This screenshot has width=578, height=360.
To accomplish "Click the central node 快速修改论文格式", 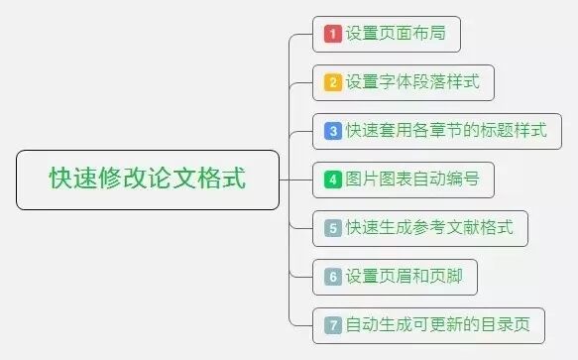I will pyautogui.click(x=148, y=180).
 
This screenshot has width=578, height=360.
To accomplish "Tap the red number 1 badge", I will pyautogui.click(x=333, y=35).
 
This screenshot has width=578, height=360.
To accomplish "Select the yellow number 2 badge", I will pyautogui.click(x=333, y=82).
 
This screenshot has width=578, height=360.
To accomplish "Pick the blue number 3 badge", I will pyautogui.click(x=333, y=131).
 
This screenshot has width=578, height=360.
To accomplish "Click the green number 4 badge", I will pyautogui.click(x=333, y=180).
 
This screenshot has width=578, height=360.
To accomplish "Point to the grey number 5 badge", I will pyautogui.click(x=333, y=228).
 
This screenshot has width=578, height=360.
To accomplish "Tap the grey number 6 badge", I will pyautogui.click(x=333, y=277).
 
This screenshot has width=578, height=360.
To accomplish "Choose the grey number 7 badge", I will pyautogui.click(x=333, y=324).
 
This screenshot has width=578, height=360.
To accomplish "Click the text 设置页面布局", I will pyautogui.click(x=396, y=35).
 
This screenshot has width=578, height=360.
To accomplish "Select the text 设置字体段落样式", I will pyautogui.click(x=412, y=82).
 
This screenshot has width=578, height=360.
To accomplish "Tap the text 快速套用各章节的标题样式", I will pyautogui.click(x=446, y=131).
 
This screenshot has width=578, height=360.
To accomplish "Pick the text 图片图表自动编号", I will pyautogui.click(x=412, y=180).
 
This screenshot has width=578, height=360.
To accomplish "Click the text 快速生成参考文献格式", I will pyautogui.click(x=429, y=228).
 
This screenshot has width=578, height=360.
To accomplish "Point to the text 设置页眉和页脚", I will pyautogui.click(x=405, y=277).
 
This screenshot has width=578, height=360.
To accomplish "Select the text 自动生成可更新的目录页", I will pyautogui.click(x=437, y=324).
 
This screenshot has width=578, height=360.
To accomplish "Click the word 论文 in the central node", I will pyautogui.click(x=172, y=180).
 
